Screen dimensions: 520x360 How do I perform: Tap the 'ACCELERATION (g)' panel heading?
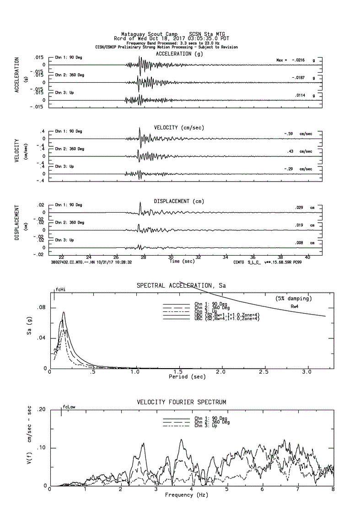tap(180, 54)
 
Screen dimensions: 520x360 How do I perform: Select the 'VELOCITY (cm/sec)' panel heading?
tap(179, 127)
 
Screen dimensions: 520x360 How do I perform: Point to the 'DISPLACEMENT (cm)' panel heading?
tap(180, 201)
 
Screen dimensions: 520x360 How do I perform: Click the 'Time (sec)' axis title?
tap(182, 262)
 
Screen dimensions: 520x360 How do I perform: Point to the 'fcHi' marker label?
tap(60, 289)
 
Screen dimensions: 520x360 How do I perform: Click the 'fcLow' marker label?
tap(69, 406)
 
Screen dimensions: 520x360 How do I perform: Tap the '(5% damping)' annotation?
tap(294, 298)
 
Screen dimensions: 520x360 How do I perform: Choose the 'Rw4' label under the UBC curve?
tap(295, 306)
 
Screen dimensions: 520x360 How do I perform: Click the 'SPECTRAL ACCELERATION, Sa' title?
tap(182, 286)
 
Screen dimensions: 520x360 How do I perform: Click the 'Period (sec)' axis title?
tap(187, 377)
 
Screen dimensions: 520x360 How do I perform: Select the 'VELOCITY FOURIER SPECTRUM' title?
tap(182, 402)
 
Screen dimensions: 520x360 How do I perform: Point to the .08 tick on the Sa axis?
tap(41, 308)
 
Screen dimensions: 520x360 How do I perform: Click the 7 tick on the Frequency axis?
tap(298, 490)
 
